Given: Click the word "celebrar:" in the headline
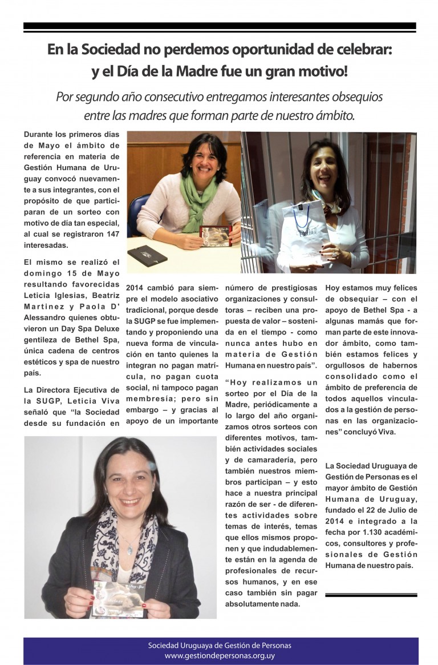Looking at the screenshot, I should [360, 50].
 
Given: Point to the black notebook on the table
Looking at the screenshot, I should [149, 255].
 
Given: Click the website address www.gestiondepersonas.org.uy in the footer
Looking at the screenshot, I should [220, 656].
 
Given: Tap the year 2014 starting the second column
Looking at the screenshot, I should [135, 288].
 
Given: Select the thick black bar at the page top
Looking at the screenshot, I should [220, 26].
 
